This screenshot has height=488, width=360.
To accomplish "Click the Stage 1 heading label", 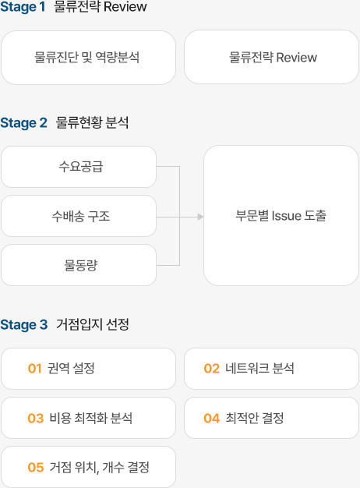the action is pos(23,6).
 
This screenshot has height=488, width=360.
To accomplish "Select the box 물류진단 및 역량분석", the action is pos(88,58).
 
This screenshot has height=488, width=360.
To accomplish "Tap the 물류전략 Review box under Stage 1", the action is pos(271,57).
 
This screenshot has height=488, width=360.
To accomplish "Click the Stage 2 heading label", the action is pos(23,122).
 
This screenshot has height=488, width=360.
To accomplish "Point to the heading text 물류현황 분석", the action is pos(92,122).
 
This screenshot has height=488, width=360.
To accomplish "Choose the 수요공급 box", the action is pos(79,167).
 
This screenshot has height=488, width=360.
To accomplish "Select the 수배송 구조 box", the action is pos(79,216).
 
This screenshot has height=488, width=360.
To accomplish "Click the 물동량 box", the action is pos(79,265).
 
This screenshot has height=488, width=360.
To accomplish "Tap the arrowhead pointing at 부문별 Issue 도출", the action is pos(201,217).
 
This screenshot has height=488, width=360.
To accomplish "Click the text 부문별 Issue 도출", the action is pos(281,216).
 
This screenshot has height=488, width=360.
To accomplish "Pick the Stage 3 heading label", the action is pos(24,324).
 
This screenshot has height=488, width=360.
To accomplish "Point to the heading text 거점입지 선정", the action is pos(93,324).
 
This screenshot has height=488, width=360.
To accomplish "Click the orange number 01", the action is pos(34,369).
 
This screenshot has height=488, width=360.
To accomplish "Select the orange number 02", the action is pos(212,369).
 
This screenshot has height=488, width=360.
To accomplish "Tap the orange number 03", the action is pos(36,419).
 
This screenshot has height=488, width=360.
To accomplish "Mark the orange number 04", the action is pos(212,419).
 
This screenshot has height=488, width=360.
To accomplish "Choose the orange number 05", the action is pos(36,468).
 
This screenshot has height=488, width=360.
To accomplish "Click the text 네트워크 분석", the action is pos(259,368).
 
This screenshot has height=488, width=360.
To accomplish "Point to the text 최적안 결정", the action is pos(255,418).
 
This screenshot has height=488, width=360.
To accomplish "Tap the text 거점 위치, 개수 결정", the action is pos(100,468).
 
